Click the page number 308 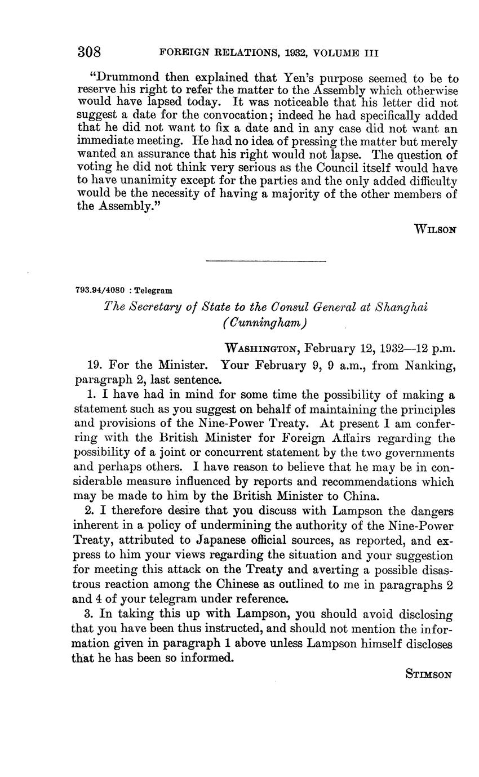tap(89, 52)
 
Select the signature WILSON tap(435, 229)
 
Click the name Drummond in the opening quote tap(126, 78)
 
